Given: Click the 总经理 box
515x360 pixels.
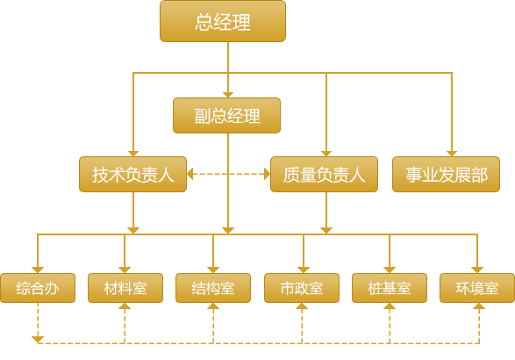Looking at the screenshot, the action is (223, 21).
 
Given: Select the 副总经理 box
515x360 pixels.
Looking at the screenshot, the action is (226, 115).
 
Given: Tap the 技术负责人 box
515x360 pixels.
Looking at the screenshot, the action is (133, 174).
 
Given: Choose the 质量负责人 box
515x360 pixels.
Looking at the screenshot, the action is (324, 174).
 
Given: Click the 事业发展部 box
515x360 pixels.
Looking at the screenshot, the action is (446, 174).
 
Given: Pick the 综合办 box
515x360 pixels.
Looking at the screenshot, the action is (38, 288).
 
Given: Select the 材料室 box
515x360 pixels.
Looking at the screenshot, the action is (125, 288).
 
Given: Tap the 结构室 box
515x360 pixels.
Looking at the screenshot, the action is (213, 288).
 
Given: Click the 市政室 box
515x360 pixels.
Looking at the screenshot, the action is (302, 288).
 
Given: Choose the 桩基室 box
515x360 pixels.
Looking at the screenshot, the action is (390, 288).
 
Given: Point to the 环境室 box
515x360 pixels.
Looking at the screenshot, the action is (477, 288).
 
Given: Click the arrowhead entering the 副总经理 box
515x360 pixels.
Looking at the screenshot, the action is (228, 95).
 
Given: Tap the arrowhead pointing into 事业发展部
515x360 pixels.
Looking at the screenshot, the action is (452, 154).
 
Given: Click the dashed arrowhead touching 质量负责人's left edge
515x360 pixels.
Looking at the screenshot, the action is (268, 174).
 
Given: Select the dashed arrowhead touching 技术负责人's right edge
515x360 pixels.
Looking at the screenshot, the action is (190, 174).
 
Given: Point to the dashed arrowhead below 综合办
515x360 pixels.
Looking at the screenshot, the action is (38, 340).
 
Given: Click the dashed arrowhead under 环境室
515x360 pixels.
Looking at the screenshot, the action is (479, 306).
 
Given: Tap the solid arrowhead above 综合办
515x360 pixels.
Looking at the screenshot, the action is (38, 270).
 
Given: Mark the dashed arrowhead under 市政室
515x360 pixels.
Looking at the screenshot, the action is (302, 306).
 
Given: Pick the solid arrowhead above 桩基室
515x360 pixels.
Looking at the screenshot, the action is (390, 270).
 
